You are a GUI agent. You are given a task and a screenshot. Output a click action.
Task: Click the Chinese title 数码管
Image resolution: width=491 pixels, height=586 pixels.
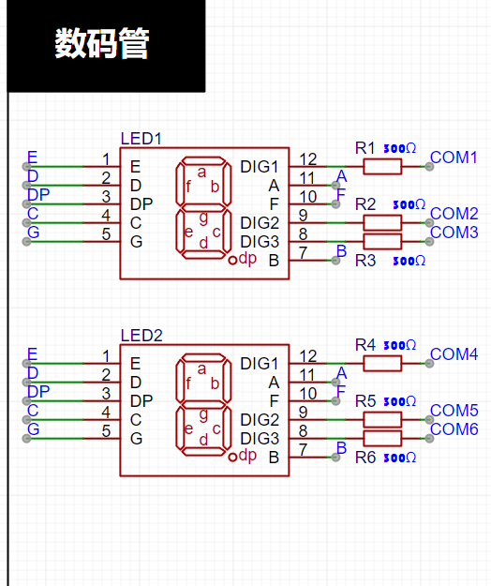pyautogui.click(x=102, y=43)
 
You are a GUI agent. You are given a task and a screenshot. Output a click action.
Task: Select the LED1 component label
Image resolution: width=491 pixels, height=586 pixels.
pyautogui.click(x=141, y=139)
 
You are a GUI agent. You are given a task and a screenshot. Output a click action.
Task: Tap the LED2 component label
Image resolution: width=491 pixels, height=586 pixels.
pyautogui.click(x=141, y=336)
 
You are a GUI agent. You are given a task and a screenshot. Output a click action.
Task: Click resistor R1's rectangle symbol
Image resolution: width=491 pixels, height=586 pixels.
pyautogui.click(x=382, y=166)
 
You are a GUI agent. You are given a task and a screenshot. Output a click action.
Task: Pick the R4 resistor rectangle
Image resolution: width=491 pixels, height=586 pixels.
pyautogui.click(x=382, y=363)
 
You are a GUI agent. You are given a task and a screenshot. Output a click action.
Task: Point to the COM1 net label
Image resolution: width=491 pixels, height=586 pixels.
pyautogui.click(x=454, y=158)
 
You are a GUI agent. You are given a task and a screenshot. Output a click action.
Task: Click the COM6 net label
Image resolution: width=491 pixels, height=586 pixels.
pyautogui.click(x=454, y=429)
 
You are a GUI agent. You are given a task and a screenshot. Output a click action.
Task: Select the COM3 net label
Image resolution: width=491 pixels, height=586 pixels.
pyautogui.click(x=454, y=233)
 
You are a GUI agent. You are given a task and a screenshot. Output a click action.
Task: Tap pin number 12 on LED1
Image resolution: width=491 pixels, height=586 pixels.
pyautogui.click(x=307, y=159)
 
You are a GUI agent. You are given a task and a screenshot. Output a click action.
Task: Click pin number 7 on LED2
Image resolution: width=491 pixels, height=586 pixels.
pyautogui.click(x=304, y=450)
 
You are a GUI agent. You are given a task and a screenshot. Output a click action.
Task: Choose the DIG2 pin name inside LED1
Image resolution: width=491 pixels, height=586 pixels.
pyautogui.click(x=260, y=223)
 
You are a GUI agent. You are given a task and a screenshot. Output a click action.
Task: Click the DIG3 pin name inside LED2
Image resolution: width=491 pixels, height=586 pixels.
pyautogui.click(x=260, y=439)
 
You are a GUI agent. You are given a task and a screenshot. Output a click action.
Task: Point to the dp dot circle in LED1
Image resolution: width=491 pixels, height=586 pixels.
pyautogui.click(x=232, y=260)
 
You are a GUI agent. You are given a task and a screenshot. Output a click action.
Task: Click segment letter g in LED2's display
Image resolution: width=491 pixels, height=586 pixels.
pyautogui.click(x=203, y=414)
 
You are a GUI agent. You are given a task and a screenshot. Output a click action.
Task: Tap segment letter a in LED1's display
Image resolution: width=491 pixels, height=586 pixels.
pyautogui.click(x=201, y=173)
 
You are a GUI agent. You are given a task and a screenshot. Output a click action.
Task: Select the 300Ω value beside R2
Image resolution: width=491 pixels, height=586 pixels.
pyautogui.click(x=409, y=204)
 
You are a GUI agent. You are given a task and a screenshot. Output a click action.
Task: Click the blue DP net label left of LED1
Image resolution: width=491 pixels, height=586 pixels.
pyautogui.click(x=38, y=195)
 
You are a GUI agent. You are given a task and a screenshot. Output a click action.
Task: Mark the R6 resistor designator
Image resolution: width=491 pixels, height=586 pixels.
pyautogui.click(x=365, y=458)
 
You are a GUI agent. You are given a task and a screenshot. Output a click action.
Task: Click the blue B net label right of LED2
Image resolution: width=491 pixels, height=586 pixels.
pyautogui.click(x=341, y=448)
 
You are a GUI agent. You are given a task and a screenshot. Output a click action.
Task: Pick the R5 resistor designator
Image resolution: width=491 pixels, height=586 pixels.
pyautogui.click(x=365, y=401)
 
